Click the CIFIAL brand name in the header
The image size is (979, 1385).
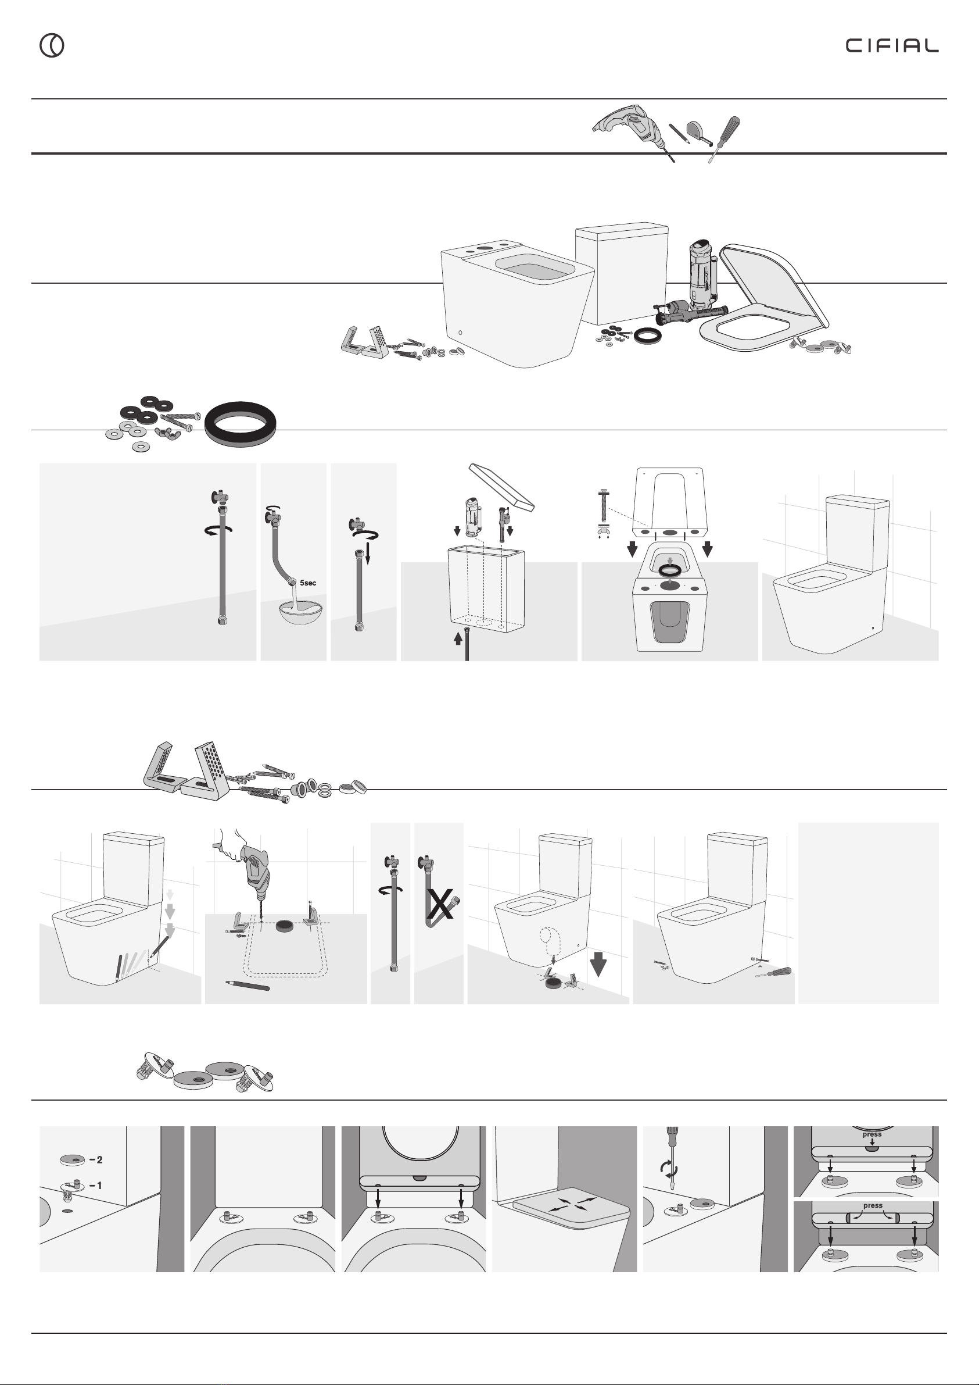click(x=892, y=46)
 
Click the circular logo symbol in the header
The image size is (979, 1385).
click(x=52, y=45)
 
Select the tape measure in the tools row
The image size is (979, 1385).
click(x=700, y=133)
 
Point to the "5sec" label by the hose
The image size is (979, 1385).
click(x=307, y=583)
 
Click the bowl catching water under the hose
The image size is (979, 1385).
click(x=300, y=611)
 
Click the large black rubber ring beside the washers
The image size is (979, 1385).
click(x=241, y=424)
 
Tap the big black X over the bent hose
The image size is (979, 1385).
click(x=439, y=904)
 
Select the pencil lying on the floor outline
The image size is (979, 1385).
click(x=248, y=985)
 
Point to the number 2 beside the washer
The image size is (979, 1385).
click(x=99, y=1159)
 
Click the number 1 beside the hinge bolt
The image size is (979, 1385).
click(x=99, y=1186)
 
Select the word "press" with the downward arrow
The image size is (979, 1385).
click(x=872, y=1134)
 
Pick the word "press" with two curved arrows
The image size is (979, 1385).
click(x=872, y=1205)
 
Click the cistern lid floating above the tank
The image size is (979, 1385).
click(x=501, y=487)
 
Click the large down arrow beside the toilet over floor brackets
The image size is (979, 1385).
click(x=598, y=963)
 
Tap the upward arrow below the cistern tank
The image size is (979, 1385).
click(x=458, y=637)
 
